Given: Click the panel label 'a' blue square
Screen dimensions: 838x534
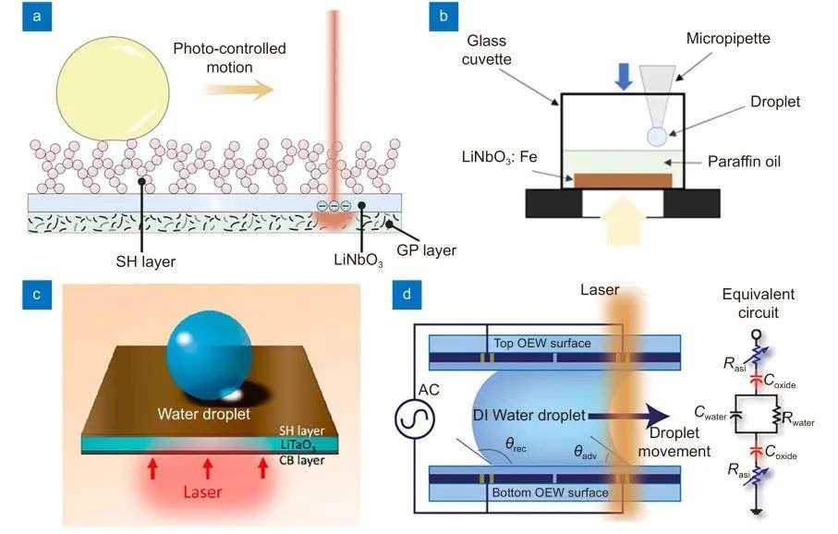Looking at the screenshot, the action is pyautogui.click(x=37, y=16).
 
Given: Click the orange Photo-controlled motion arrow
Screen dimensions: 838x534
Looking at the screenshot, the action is pyautogui.click(x=239, y=89).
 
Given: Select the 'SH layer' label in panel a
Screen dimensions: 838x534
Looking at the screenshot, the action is pyautogui.click(x=145, y=261).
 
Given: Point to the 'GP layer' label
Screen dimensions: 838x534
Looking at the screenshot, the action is pyautogui.click(x=427, y=250).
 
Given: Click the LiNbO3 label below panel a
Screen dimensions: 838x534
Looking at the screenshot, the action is pyautogui.click(x=358, y=260).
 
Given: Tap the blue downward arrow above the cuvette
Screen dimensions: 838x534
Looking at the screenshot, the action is pyautogui.click(x=624, y=77).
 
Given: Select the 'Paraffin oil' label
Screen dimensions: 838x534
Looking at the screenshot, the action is pyautogui.click(x=744, y=162).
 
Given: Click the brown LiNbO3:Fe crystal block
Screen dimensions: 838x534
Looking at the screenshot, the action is pyautogui.click(x=623, y=180).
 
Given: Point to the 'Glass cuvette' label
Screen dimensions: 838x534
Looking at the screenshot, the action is pyautogui.click(x=486, y=50).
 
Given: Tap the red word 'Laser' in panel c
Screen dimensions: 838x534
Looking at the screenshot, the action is pyautogui.click(x=202, y=492).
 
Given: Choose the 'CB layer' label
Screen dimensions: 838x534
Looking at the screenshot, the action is pyautogui.click(x=301, y=460).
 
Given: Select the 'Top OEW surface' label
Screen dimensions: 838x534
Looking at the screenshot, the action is pyautogui.click(x=542, y=343).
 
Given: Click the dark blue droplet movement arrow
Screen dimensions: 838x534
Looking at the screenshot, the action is pyautogui.click(x=628, y=416).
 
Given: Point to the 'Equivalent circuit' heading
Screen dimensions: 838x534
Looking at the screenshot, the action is pyautogui.click(x=758, y=303).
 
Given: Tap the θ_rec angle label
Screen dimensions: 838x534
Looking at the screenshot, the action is pyautogui.click(x=516, y=444).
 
